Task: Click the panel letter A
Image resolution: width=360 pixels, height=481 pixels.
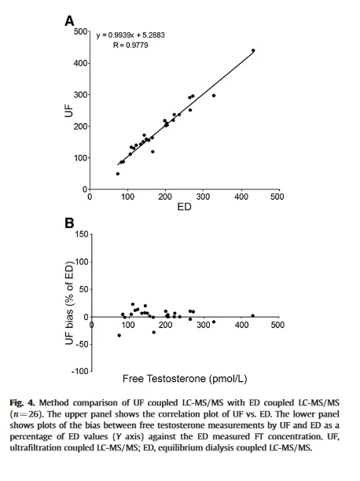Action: point(69,23)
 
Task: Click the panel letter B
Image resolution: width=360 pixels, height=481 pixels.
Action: point(69,223)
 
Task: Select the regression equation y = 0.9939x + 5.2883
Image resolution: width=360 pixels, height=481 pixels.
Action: point(130,35)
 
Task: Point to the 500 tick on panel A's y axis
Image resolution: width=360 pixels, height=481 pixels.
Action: point(79,31)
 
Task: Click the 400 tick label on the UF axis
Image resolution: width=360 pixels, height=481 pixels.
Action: point(79,63)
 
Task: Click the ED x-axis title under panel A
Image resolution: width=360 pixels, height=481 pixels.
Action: point(183,207)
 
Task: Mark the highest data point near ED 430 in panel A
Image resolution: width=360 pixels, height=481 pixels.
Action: point(253,50)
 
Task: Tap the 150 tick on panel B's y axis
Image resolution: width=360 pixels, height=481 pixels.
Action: point(81,234)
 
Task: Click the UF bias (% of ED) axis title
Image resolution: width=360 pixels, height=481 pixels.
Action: point(68,302)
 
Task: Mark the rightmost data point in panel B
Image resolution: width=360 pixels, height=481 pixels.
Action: point(252,316)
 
